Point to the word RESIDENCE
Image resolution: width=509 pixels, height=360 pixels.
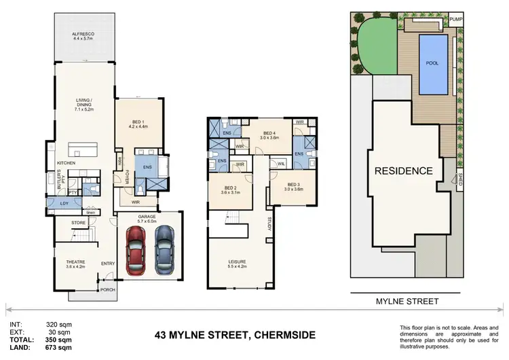pos(404,170)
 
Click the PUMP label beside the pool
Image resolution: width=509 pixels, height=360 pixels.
pos(455,20)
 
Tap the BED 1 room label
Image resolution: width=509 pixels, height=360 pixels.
pos(138,120)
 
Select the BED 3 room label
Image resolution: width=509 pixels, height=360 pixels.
pos(293,184)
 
